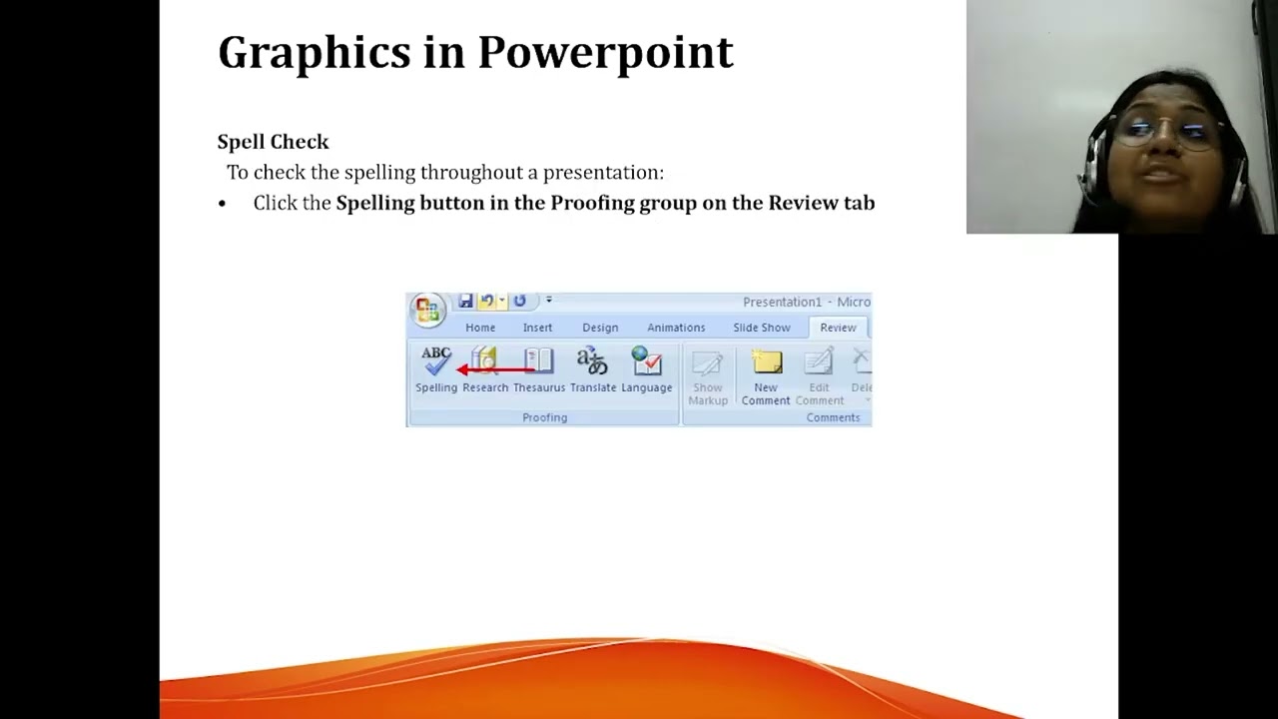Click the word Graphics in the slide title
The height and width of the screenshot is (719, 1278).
coord(314,53)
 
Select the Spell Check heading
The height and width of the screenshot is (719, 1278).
coord(273,142)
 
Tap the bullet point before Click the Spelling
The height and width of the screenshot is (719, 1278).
coord(222,204)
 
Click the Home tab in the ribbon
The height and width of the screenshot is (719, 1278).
coord(480,328)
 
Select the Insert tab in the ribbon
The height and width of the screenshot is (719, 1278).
coord(537,328)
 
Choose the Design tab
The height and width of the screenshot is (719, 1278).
coord(600,328)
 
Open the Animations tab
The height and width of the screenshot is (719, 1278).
coord(676,328)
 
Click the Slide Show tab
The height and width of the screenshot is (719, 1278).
coord(761,328)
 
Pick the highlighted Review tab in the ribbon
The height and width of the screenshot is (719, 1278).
coord(838,328)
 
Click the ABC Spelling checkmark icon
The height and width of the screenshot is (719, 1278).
coord(436,361)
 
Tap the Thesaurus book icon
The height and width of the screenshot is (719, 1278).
coord(538,361)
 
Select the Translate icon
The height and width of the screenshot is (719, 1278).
coord(592,361)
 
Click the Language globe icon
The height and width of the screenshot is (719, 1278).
coord(647,361)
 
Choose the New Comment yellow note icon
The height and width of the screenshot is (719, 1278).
coord(766,363)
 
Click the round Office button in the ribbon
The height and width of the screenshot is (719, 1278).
coord(427,310)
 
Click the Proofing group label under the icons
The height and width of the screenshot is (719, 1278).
coord(544,417)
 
